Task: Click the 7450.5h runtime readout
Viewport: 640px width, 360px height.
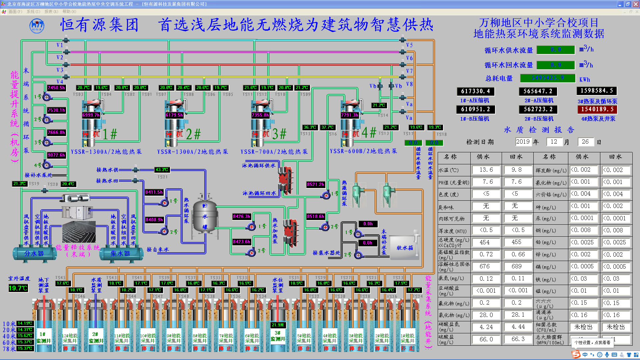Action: (56, 88)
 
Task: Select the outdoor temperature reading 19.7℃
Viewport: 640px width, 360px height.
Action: (18, 288)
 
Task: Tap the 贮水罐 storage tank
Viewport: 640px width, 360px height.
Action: (205, 216)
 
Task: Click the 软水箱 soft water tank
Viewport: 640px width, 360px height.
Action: (405, 248)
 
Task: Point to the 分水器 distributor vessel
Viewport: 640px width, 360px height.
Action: (34, 254)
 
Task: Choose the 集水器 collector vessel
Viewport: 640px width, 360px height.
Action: (120, 254)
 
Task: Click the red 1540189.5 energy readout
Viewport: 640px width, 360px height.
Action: (597, 109)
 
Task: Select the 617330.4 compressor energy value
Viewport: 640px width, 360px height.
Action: (475, 91)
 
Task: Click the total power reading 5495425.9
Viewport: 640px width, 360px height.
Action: (548, 78)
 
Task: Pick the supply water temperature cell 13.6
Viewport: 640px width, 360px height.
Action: (486, 170)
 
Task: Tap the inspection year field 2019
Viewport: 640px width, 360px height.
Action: (523, 142)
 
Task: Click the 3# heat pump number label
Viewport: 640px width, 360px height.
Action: (279, 134)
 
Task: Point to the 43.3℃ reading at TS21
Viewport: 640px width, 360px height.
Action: (162, 170)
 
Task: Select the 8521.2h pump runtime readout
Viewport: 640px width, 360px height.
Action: (315, 184)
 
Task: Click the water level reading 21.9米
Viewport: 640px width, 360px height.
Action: (278, 325)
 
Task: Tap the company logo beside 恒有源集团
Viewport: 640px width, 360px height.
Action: (37, 25)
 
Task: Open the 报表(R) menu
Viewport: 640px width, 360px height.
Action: (51, 12)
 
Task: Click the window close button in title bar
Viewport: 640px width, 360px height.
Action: (636, 4)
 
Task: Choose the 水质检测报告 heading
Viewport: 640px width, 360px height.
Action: (539, 130)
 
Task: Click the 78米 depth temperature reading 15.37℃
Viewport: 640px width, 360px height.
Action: (25, 349)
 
